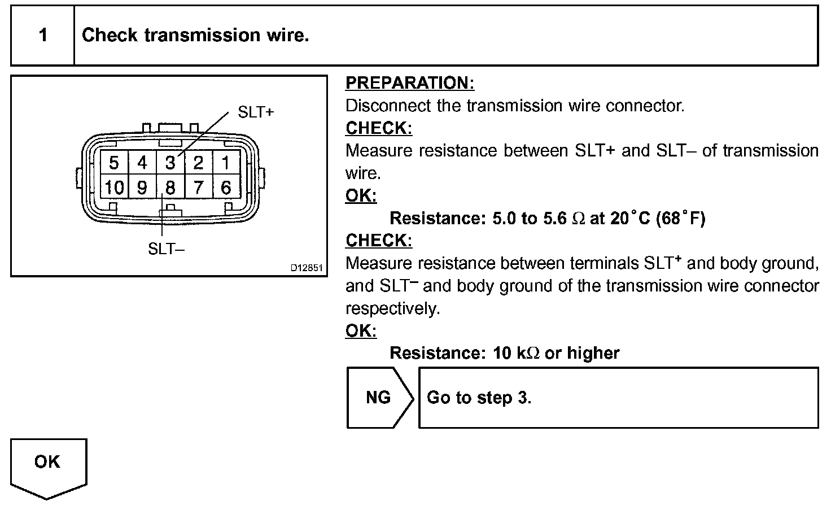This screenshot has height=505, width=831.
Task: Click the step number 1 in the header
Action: (43, 36)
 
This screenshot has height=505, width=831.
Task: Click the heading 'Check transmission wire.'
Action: (195, 36)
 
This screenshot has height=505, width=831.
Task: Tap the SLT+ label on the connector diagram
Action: (256, 112)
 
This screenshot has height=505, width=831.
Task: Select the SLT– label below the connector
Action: (166, 249)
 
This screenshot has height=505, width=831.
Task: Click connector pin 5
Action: (114, 163)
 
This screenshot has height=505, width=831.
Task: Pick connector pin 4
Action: (142, 163)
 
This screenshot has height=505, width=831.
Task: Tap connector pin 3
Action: (170, 163)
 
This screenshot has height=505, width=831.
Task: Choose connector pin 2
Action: (198, 163)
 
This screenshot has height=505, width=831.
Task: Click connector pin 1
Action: (226, 163)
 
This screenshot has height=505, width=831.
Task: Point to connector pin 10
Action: (114, 187)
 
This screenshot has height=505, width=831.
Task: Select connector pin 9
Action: (142, 187)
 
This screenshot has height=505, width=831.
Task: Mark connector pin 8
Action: (170, 187)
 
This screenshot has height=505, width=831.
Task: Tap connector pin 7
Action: (198, 187)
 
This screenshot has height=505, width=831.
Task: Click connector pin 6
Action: (226, 187)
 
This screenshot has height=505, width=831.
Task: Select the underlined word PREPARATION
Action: (410, 83)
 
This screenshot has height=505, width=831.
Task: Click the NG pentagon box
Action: (378, 398)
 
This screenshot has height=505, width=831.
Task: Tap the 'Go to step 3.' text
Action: (479, 398)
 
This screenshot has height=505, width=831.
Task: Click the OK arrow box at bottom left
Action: (47, 463)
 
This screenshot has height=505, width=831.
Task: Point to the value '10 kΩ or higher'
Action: (556, 353)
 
